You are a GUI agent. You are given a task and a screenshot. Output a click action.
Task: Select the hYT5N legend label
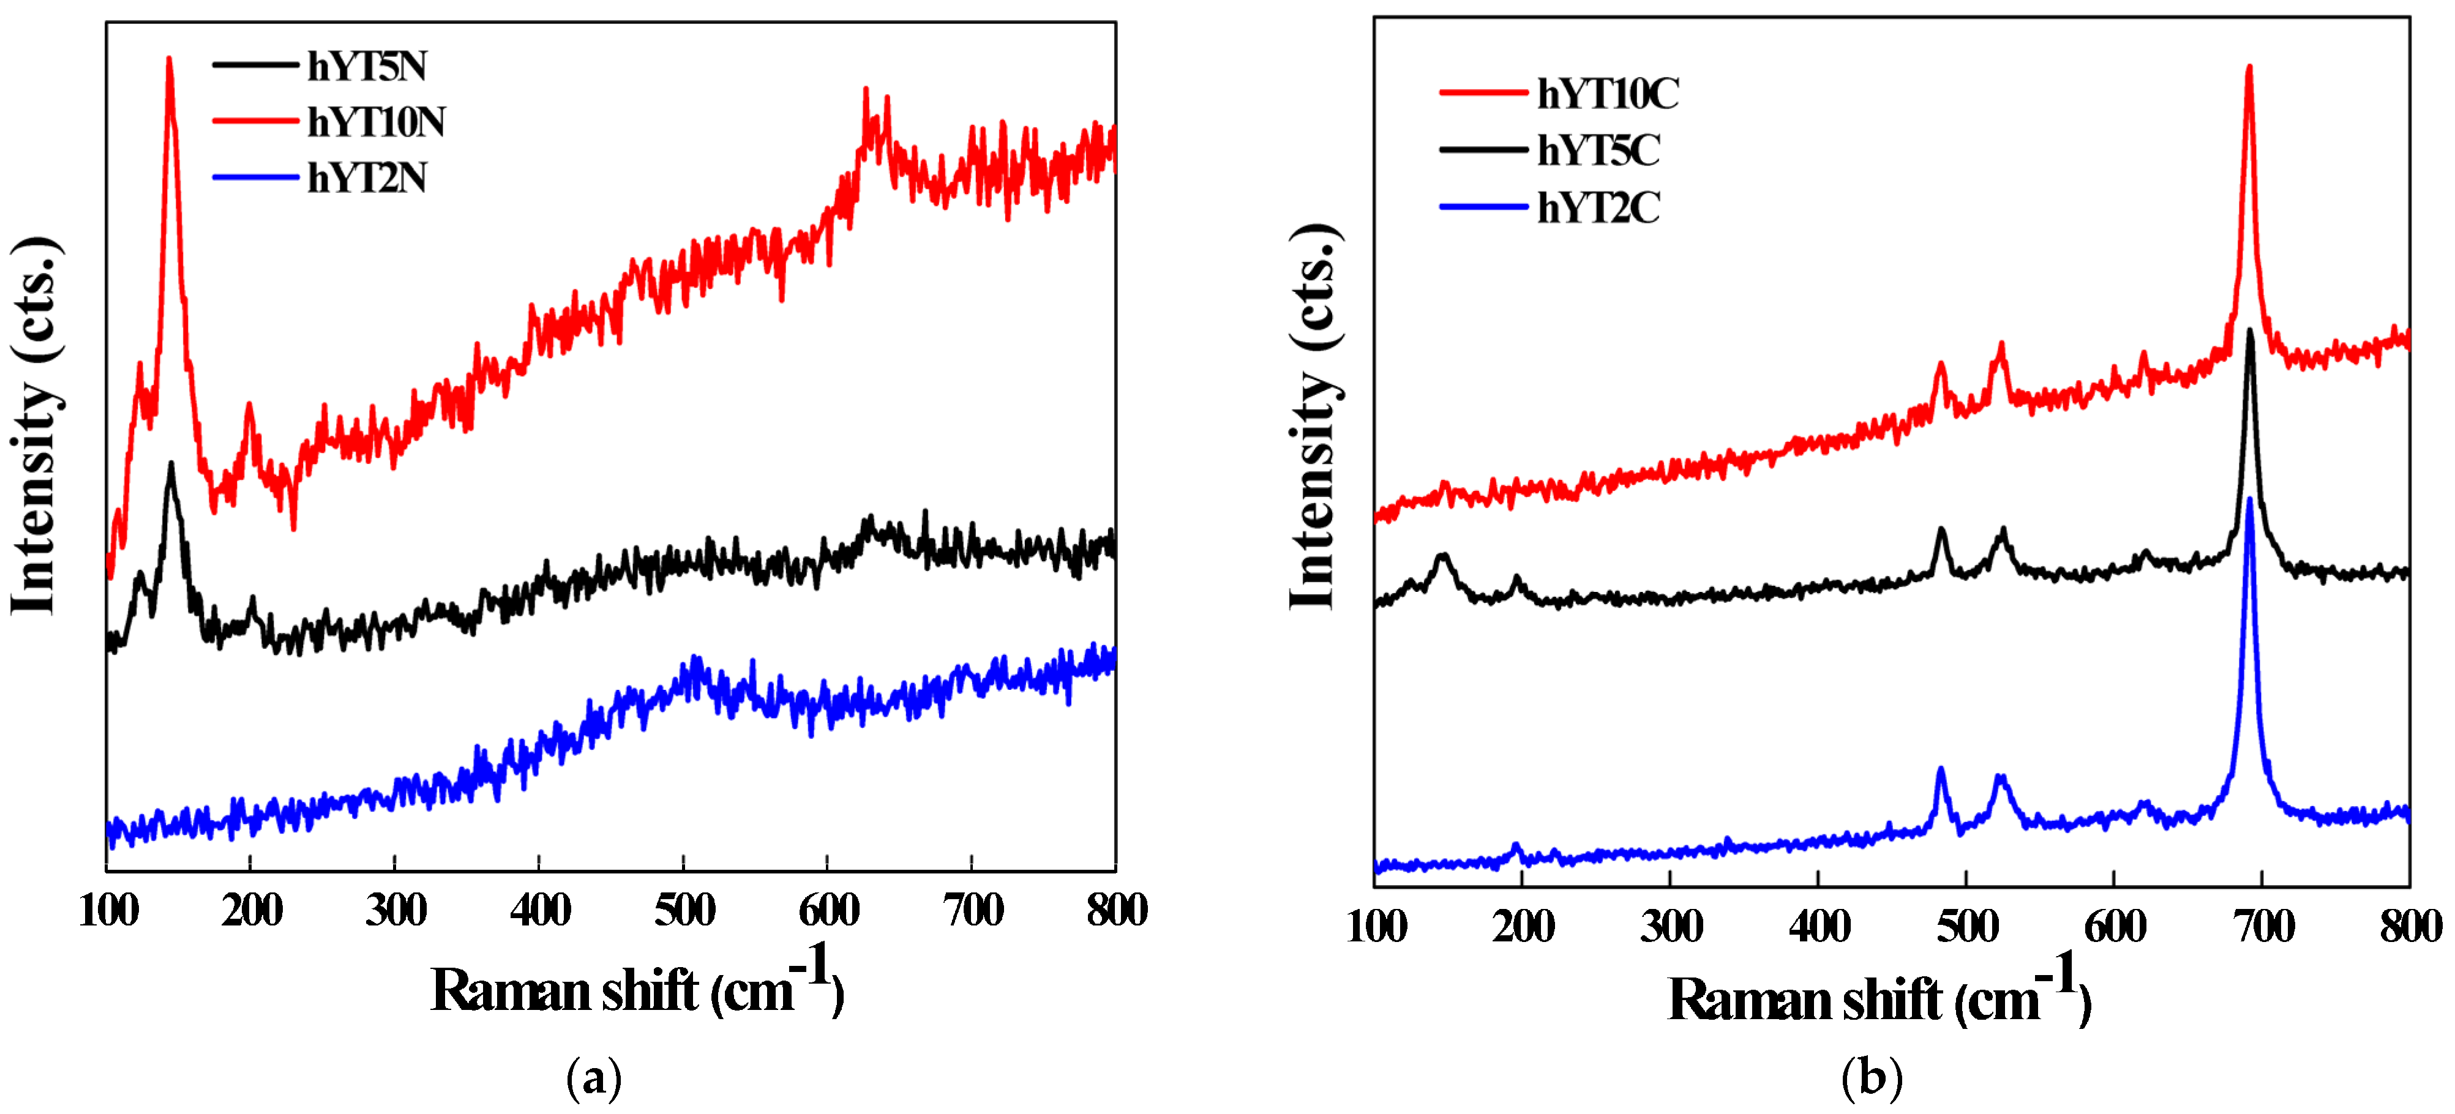pos(367,67)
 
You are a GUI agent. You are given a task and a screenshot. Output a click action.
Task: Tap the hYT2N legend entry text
pos(367,178)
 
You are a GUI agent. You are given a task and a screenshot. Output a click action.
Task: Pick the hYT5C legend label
pos(1599,151)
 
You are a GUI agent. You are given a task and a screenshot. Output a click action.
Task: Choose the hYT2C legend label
pos(1599,207)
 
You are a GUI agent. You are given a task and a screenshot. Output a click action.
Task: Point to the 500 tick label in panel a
pos(684,911)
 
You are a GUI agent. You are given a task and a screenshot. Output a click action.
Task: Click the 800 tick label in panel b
pos(2410,926)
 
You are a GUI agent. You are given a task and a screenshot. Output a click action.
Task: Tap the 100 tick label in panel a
pos(108,911)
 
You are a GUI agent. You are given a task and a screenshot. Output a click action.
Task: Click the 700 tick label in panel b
pos(2263,926)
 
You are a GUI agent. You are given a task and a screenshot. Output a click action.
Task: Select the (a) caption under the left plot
pos(594,1078)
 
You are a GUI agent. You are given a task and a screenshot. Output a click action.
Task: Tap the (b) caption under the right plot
pos(1872,1078)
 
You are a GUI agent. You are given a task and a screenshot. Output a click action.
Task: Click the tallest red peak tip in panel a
pos(170,59)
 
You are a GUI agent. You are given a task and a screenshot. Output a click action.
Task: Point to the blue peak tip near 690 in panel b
pos(2250,499)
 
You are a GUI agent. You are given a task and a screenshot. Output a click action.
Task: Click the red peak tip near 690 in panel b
pos(2249,67)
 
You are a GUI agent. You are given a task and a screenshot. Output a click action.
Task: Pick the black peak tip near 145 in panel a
pos(171,464)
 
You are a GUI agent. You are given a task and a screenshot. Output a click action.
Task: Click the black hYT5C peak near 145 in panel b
pos(1443,556)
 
